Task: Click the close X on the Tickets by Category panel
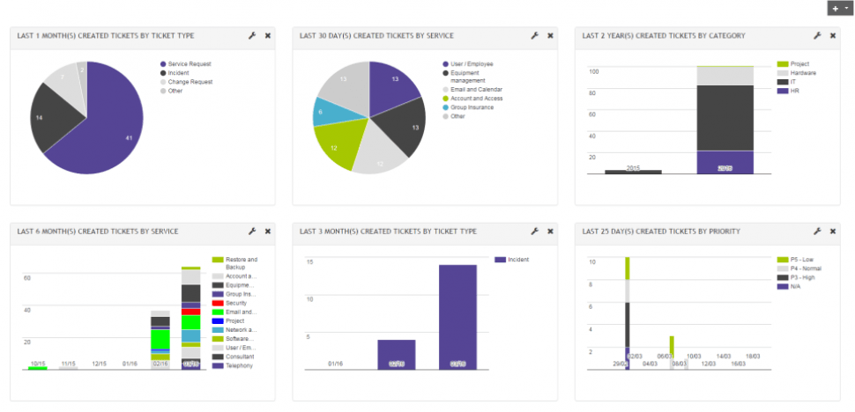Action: [x=833, y=36]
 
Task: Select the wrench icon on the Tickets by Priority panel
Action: [x=817, y=232]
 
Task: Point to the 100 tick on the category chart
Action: [x=593, y=72]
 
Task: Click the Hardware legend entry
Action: [x=802, y=73]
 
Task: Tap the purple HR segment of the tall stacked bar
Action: [x=725, y=162]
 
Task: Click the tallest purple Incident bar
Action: [x=457, y=317]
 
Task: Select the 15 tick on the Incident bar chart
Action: [x=309, y=262]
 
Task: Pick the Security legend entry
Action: [x=235, y=303]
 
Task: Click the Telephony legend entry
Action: [x=238, y=365]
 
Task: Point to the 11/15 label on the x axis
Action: [x=68, y=364]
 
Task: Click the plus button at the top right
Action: [x=835, y=8]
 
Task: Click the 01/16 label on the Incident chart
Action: [x=335, y=364]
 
